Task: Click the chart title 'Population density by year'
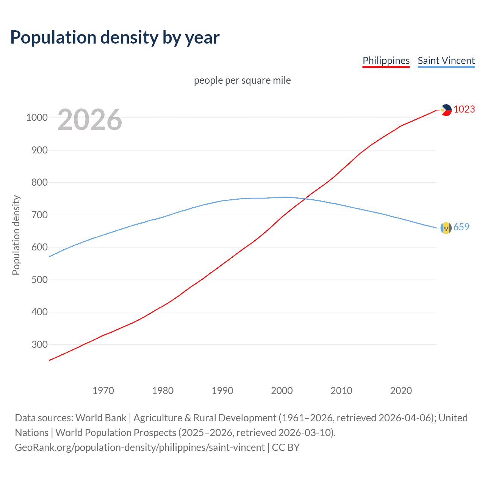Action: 115,38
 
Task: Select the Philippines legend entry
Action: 386,61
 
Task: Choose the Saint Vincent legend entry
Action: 446,61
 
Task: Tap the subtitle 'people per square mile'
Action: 242,80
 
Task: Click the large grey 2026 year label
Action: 90,120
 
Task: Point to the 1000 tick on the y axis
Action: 37,117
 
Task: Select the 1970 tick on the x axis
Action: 103,391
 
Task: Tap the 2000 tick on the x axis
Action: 282,391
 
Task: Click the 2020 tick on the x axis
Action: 401,391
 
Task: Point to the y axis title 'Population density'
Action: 16,235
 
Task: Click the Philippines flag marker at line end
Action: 446,110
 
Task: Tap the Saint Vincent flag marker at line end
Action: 446,228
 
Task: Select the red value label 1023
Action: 464,109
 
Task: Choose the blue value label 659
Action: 461,227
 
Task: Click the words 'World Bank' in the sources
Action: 101,418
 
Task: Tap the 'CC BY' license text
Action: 286,447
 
